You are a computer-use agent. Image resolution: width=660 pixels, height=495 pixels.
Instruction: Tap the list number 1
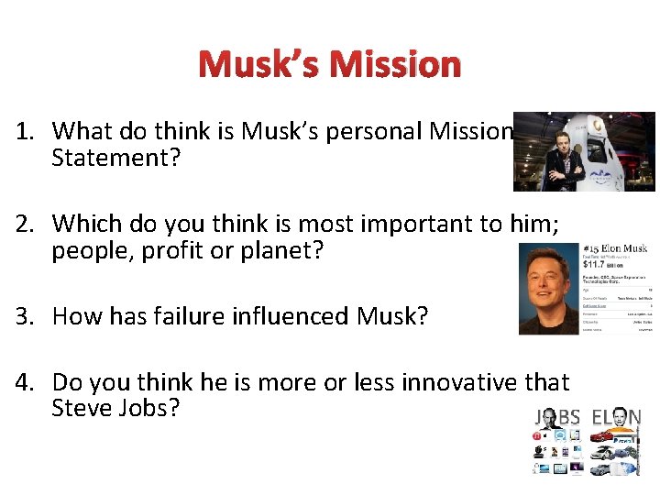[24, 131]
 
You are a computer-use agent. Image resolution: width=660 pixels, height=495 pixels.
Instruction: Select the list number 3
[24, 316]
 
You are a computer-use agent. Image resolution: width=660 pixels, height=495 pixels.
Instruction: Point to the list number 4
[24, 382]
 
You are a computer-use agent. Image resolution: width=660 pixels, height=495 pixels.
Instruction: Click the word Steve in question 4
[82, 409]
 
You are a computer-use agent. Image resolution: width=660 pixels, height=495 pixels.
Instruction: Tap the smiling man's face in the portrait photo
[547, 284]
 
